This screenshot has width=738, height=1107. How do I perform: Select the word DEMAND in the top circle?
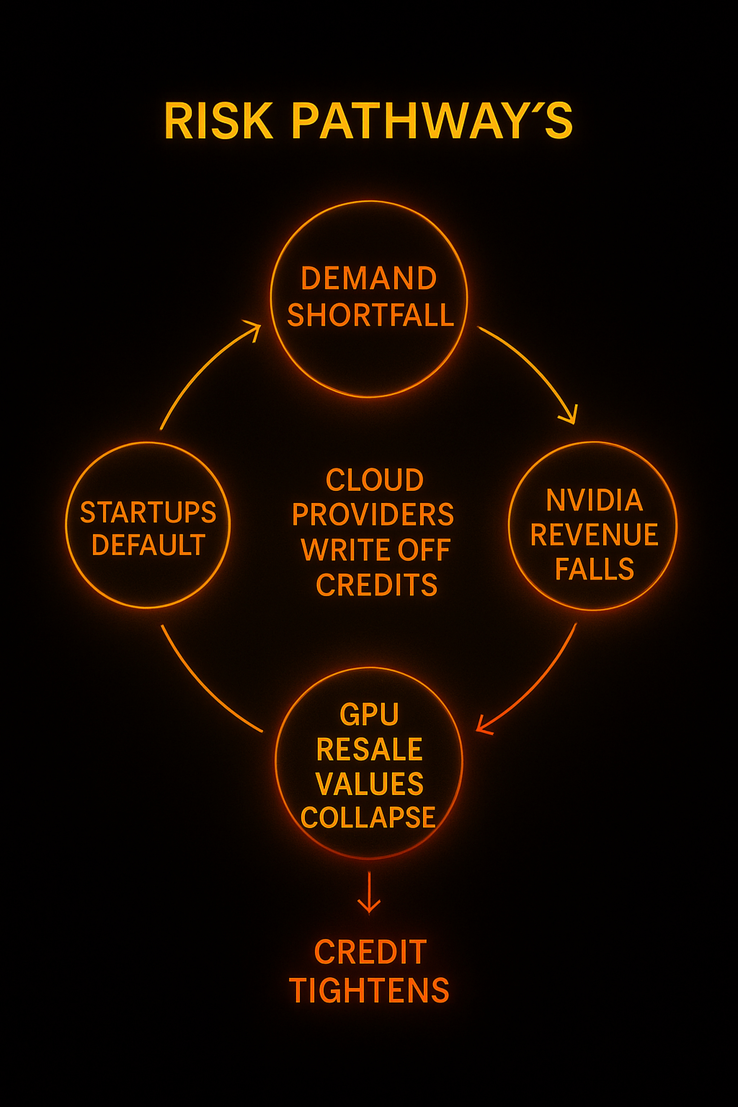click(x=369, y=278)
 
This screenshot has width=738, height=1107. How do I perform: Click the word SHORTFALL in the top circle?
click(x=370, y=315)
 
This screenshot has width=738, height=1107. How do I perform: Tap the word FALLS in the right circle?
click(x=594, y=569)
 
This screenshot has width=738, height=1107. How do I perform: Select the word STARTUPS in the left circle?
click(x=148, y=512)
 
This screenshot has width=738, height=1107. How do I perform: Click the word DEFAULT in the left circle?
click(x=148, y=545)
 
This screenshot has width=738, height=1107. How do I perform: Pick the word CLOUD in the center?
click(x=375, y=480)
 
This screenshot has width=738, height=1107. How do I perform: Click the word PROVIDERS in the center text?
click(x=373, y=515)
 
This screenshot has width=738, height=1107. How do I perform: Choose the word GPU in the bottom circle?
click(x=369, y=715)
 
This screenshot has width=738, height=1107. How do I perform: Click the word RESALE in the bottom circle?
click(x=369, y=749)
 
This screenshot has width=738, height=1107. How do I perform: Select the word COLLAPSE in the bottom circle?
click(x=368, y=817)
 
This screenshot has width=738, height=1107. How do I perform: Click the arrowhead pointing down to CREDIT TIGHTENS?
click(x=369, y=906)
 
